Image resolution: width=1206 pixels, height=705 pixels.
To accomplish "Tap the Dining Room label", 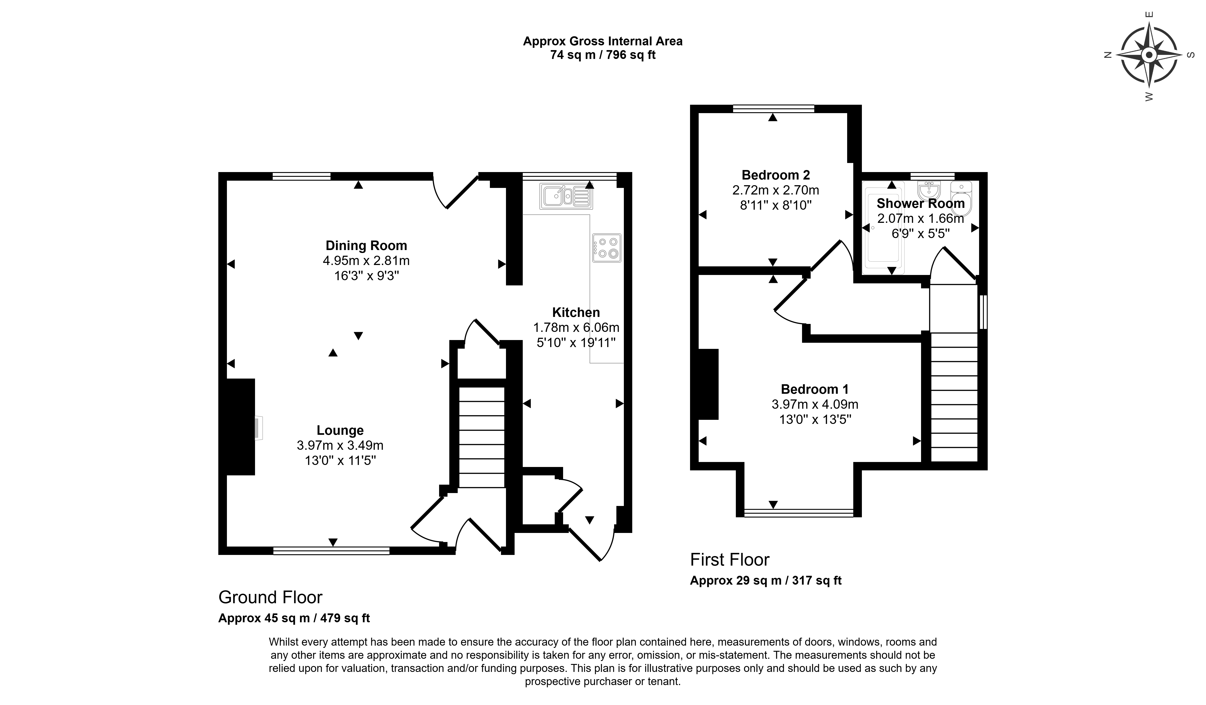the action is tap(366, 246).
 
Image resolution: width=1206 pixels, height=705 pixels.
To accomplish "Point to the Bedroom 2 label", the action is tap(776, 175).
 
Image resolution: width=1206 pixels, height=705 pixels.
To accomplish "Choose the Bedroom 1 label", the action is tap(815, 389).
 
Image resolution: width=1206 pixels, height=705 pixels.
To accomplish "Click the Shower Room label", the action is tap(920, 203).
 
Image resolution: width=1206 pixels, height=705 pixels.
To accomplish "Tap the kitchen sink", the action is tap(566, 196).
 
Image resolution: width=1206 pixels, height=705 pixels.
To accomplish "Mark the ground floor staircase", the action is tap(482, 437).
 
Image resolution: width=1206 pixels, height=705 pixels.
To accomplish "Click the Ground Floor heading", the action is tap(270, 597).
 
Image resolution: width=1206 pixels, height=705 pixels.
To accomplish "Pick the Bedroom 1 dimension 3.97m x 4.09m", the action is tap(815, 404).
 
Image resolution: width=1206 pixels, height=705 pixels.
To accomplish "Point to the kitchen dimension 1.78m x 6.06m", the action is tap(576, 328).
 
